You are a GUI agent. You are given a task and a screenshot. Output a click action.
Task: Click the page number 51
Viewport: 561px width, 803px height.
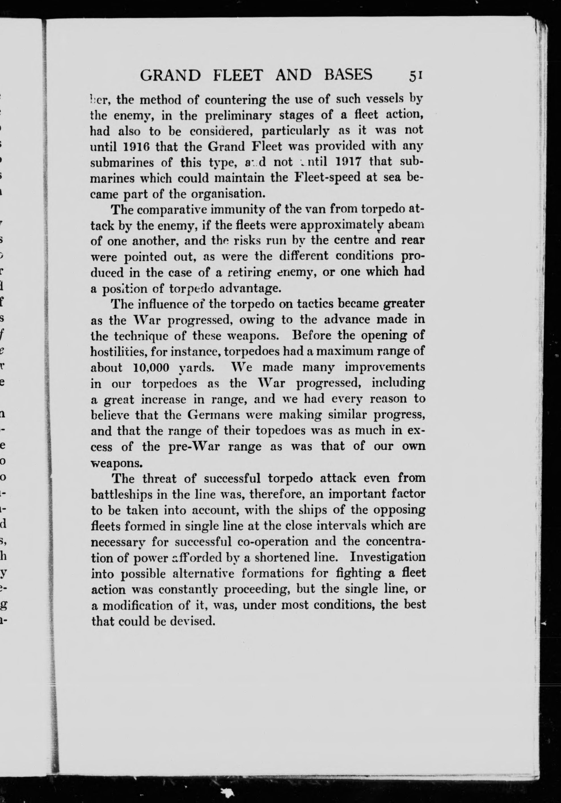pyautogui.click(x=416, y=75)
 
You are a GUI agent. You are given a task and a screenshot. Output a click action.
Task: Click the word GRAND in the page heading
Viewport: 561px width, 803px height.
pyautogui.click(x=170, y=75)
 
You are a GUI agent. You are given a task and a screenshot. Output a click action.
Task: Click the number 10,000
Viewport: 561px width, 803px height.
pyautogui.click(x=152, y=367)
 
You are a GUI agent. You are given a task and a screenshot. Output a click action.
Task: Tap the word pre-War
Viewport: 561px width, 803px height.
pyautogui.click(x=194, y=447)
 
